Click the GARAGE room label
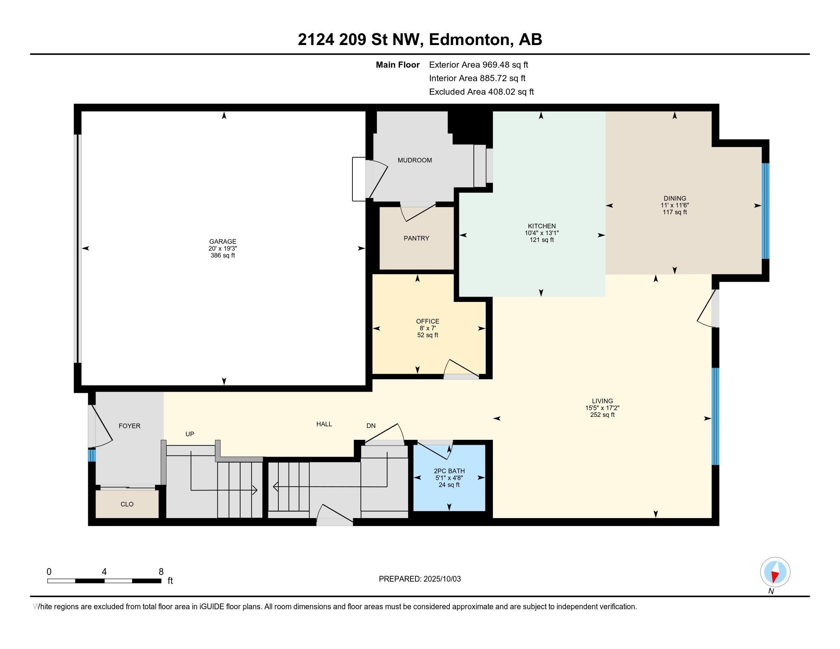click(222, 241)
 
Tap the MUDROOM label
click(415, 160)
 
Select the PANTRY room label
click(416, 238)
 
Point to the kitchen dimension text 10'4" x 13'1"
click(541, 233)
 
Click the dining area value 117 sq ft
click(675, 212)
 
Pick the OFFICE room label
click(427, 321)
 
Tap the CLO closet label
click(127, 504)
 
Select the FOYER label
click(129, 426)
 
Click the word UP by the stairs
click(190, 434)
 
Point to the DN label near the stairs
click(371, 426)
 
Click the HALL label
click(324, 424)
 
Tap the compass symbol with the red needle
click(775, 572)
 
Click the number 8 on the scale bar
click(161, 572)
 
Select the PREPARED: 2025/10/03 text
click(420, 579)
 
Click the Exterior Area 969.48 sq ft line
click(478, 65)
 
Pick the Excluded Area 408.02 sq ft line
click(481, 92)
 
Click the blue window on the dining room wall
click(766, 211)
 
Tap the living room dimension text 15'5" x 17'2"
click(602, 408)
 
